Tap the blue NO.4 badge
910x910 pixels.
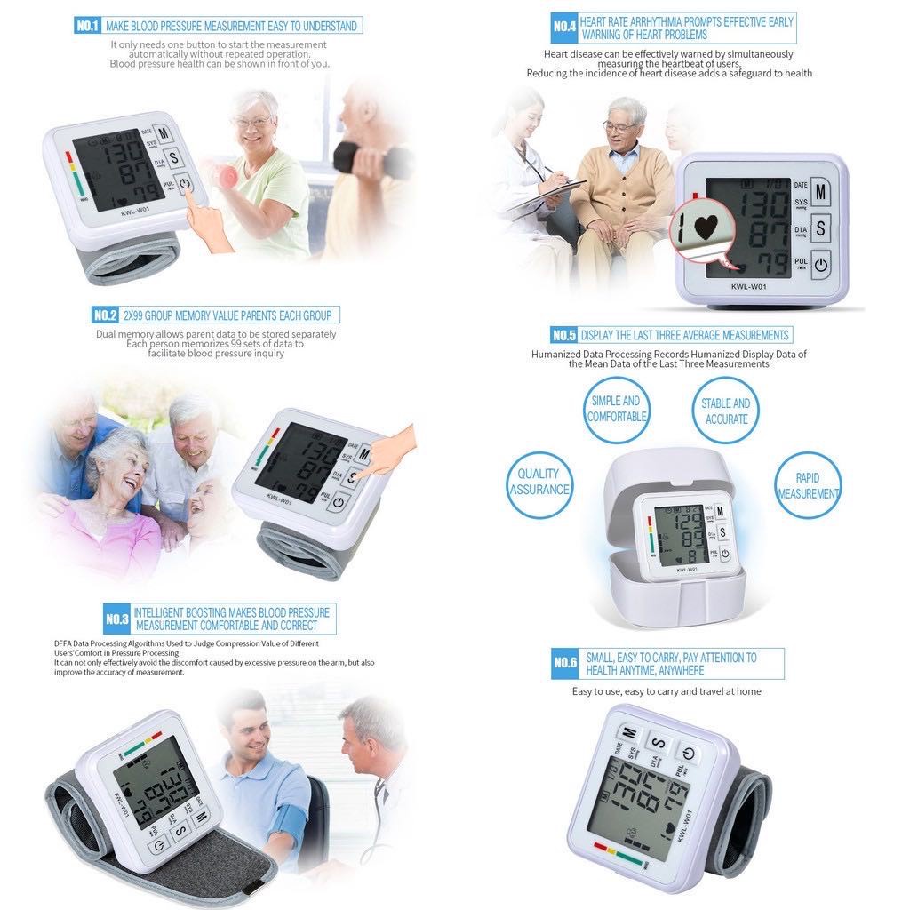[564, 28]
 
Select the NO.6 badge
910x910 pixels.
[565, 663]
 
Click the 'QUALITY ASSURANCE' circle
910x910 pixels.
[539, 482]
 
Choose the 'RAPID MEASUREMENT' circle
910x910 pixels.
[808, 485]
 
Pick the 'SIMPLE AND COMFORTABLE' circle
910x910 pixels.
[617, 409]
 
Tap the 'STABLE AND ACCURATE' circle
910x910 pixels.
[726, 410]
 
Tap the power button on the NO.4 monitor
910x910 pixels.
[820, 264]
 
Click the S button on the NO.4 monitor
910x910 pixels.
[821, 227]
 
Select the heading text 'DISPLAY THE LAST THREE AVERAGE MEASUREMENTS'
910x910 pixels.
[684, 335]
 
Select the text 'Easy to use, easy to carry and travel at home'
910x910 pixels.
[667, 691]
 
